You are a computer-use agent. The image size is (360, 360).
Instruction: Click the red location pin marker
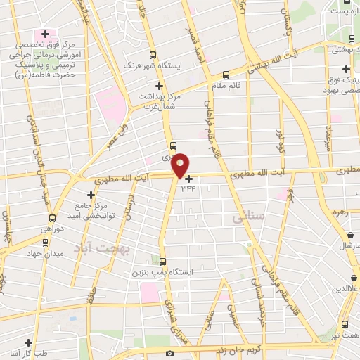[x=180, y=164]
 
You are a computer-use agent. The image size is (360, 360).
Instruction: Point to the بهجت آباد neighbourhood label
[x=97, y=249]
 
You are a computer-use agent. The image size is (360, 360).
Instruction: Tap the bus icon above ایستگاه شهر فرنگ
[x=154, y=55]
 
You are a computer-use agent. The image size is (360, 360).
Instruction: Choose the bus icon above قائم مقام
[x=226, y=74]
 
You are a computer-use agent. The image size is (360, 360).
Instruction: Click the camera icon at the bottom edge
[x=169, y=353]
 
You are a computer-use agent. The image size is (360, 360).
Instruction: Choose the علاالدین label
[x=347, y=289]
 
